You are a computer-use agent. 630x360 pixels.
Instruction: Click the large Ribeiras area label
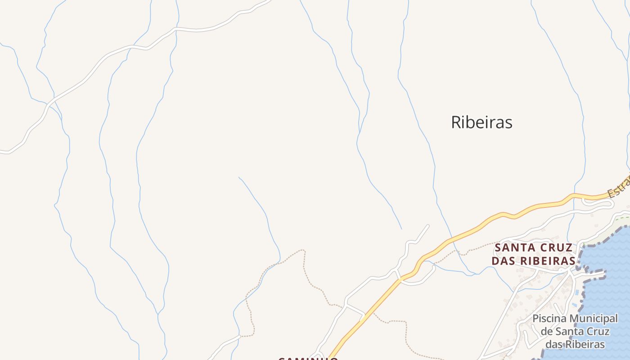(481, 122)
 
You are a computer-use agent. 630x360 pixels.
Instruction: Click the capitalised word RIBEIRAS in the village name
(548, 261)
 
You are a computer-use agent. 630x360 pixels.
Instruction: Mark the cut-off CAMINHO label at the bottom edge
(308, 359)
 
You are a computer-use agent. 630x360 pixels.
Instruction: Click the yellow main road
(472, 229)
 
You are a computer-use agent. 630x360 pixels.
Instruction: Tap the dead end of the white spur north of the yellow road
(428, 225)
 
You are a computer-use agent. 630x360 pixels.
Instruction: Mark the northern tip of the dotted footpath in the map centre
(302, 250)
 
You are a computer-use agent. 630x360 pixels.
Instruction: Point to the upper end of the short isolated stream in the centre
(239, 177)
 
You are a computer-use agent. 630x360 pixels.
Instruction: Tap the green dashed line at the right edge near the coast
(623, 219)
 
